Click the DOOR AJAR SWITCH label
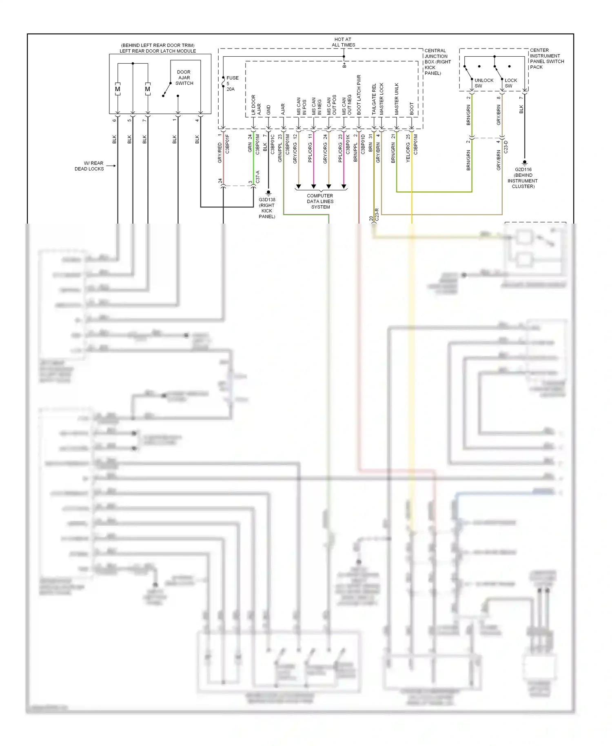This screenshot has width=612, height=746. click(x=184, y=78)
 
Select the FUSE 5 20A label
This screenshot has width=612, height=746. click(x=231, y=83)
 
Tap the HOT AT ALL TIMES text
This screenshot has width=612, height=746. click(x=343, y=42)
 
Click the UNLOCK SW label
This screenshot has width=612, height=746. click(x=483, y=83)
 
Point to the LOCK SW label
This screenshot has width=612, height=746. click(x=510, y=83)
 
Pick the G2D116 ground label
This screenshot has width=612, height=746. click(x=523, y=178)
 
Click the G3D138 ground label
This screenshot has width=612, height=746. click(x=267, y=208)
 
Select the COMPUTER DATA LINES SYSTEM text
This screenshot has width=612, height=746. click(x=320, y=201)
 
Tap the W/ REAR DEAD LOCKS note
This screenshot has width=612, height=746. click(x=89, y=166)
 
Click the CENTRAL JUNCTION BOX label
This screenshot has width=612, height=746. click(x=437, y=62)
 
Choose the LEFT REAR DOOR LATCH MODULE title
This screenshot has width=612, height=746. click(x=157, y=51)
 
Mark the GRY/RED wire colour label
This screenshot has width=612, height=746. click(x=220, y=153)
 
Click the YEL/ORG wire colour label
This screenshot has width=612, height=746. click(x=408, y=153)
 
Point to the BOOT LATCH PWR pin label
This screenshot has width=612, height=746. click(x=359, y=94)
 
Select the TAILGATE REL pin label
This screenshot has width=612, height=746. click(x=374, y=99)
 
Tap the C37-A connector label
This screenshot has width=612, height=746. click(x=257, y=177)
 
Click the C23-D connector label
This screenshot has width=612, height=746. click(x=506, y=147)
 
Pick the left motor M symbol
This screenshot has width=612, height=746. click(x=118, y=89)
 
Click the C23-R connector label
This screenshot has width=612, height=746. click(x=377, y=215)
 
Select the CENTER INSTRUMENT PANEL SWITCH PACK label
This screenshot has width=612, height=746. click(x=546, y=59)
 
